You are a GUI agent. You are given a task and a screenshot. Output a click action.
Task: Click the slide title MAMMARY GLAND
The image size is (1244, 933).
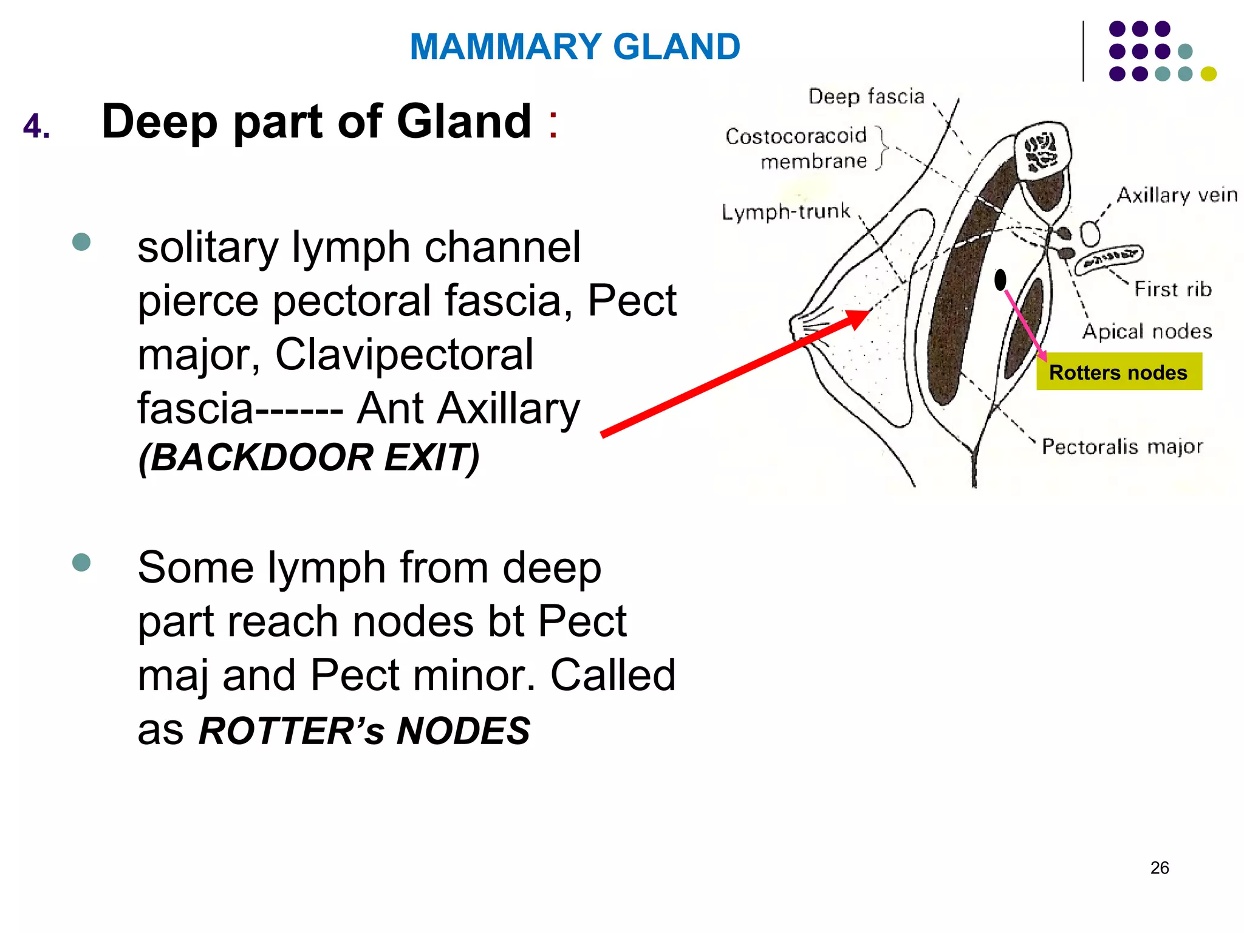[575, 47]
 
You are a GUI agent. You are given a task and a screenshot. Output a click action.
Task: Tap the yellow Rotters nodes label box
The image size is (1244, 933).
[1118, 372]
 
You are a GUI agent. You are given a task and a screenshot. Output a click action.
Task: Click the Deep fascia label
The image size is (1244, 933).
[866, 97]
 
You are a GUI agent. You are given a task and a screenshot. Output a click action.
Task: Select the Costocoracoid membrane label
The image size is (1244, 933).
[797, 148]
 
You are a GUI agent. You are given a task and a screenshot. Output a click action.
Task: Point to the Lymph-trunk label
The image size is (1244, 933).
[785, 211]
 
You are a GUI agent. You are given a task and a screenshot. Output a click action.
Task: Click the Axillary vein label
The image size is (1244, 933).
[1177, 195]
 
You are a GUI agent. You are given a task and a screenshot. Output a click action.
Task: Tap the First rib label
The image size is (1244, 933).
[1172, 289]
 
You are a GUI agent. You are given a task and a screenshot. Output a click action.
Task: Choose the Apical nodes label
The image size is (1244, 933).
[1147, 332]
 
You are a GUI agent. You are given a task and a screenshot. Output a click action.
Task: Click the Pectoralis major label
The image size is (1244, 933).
[1121, 446]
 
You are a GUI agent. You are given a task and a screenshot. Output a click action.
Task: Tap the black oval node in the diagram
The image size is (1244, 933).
[1000, 280]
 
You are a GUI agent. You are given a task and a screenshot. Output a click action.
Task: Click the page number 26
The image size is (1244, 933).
[1159, 867]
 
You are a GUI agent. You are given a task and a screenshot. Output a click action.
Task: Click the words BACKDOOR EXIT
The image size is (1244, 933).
[309, 457]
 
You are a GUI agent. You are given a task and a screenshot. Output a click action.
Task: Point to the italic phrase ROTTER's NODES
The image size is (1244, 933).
[364, 730]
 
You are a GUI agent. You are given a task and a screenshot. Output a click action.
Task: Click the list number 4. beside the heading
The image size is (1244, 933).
[36, 127]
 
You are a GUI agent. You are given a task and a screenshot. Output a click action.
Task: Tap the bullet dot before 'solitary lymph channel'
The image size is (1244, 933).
[81, 242]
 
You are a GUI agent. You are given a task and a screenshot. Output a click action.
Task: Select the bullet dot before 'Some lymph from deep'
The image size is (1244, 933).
[81, 562]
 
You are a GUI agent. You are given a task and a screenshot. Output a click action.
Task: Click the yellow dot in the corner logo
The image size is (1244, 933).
[1208, 73]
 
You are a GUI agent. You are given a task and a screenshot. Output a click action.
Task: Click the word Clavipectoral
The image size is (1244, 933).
[404, 354]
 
